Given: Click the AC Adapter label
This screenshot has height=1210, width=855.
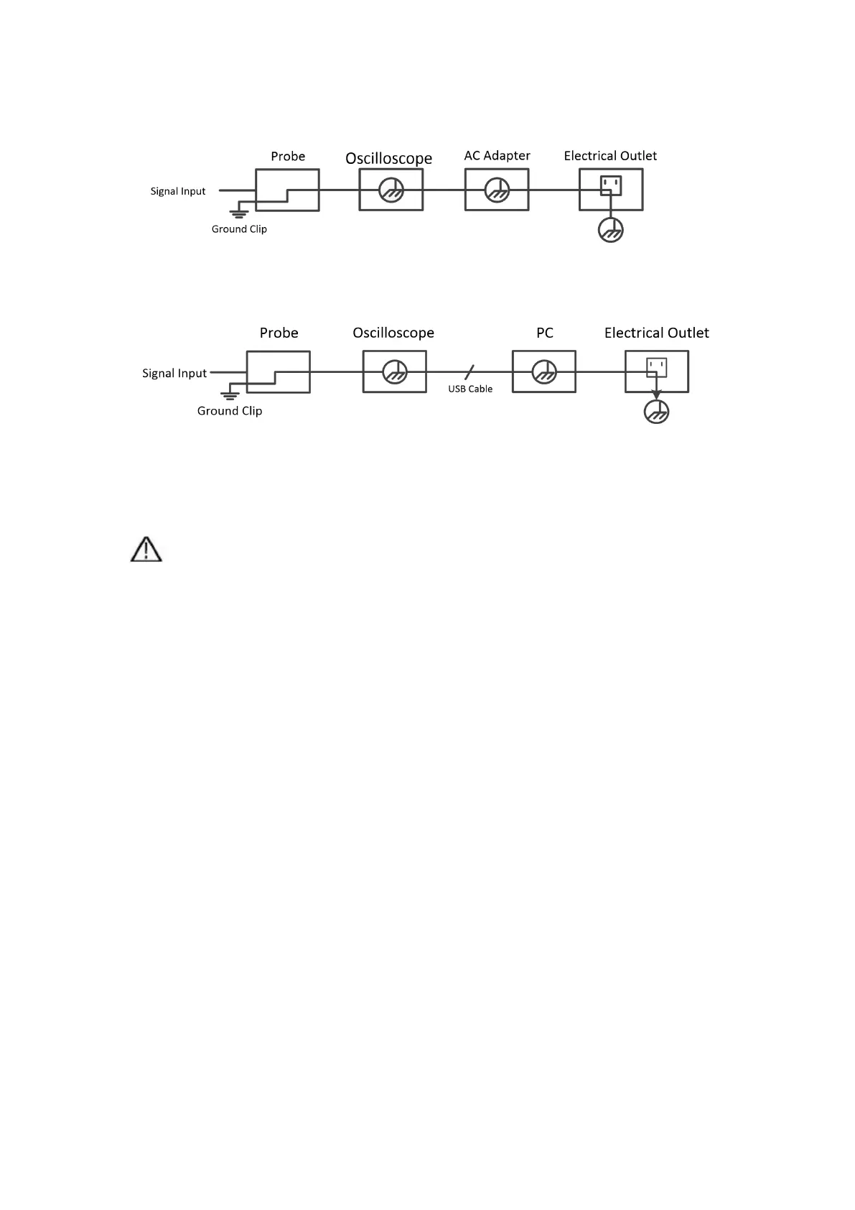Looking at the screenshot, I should (497, 156).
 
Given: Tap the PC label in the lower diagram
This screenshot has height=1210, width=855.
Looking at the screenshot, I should (545, 333).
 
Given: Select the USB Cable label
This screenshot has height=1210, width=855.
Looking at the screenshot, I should (470, 389).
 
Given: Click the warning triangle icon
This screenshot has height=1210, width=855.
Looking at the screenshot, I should (146, 550).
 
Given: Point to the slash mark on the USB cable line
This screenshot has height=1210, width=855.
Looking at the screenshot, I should (469, 372).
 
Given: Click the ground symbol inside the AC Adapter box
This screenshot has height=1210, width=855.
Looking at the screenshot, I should (497, 190).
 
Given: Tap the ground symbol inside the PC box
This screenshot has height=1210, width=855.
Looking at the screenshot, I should (544, 372).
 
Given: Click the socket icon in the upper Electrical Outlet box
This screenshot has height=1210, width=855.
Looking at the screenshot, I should (610, 186).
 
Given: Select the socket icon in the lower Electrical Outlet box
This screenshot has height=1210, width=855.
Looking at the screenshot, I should (656, 368).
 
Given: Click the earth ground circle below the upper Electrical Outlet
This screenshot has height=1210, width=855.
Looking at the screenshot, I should (610, 231).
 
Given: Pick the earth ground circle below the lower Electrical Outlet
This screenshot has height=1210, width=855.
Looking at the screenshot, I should (656, 412).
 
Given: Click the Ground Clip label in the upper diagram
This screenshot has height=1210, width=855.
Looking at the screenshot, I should (239, 229).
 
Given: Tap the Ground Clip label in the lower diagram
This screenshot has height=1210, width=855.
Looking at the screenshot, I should (230, 411).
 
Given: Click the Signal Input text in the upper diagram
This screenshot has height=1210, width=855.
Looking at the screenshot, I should (178, 191).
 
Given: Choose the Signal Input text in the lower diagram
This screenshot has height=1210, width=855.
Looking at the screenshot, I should (174, 373).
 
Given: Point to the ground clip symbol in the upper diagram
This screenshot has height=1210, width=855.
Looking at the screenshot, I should (239, 213).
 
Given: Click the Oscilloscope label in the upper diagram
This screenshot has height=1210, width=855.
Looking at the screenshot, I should (388, 158).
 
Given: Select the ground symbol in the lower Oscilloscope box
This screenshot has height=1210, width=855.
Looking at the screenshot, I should (394, 372).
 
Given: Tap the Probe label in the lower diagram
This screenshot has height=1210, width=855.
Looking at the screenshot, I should (279, 333).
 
